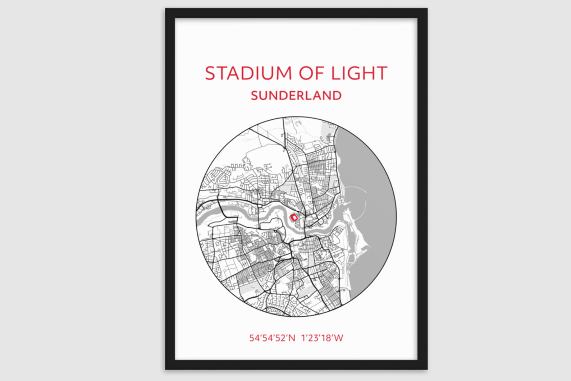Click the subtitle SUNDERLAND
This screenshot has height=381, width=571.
[x=296, y=96]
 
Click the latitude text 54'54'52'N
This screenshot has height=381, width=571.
[x=272, y=338]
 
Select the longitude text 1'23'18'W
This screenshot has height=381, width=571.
[x=322, y=338]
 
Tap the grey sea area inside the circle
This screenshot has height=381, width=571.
[x=374, y=216]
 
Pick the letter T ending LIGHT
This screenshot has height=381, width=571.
[x=380, y=73]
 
